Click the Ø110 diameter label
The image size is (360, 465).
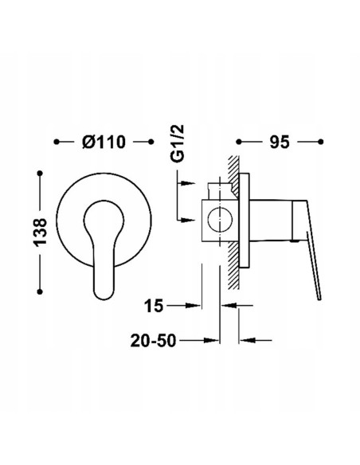104,143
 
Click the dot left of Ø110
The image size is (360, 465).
57,143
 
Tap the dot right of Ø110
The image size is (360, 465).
151,143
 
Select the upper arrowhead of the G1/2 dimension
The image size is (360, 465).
190,184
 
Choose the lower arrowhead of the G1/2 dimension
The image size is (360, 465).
190,221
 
